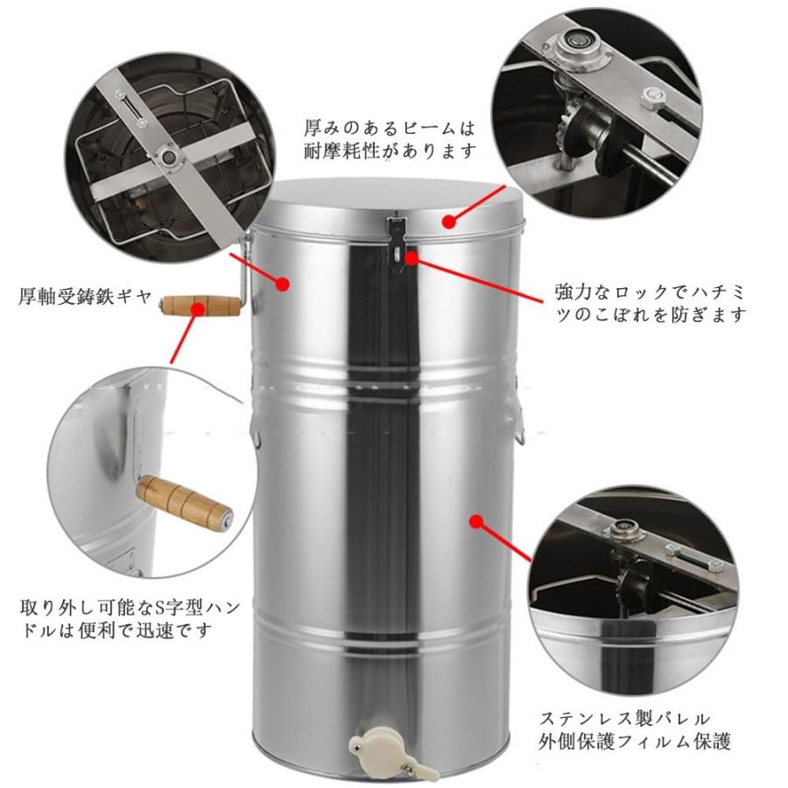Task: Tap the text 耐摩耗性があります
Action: (391, 151)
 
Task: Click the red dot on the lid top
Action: (449, 222)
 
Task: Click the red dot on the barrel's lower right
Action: (477, 522)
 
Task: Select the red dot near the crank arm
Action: (283, 283)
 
